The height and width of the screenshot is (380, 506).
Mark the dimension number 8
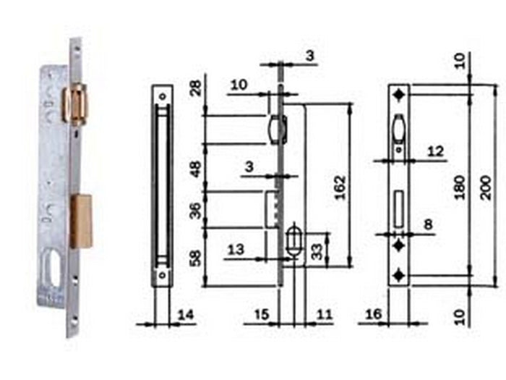click(x=428, y=225)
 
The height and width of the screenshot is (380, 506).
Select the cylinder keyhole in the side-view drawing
click(x=293, y=242)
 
